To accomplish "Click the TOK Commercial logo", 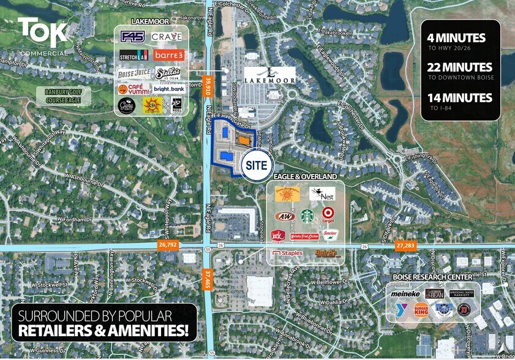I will pyautogui.click(x=42, y=35).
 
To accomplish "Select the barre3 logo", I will pyautogui.click(x=168, y=55).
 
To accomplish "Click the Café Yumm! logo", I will pyautogui.click(x=132, y=89).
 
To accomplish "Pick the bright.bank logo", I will pyautogui.click(x=168, y=89).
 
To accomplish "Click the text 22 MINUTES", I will pyautogui.click(x=460, y=68).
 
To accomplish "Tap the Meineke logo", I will pyautogui.click(x=405, y=294).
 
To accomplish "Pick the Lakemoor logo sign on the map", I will pyautogui.click(x=270, y=75).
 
